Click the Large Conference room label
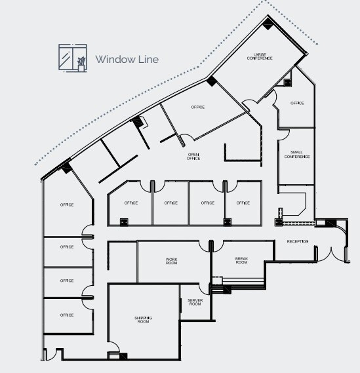(x=259, y=56)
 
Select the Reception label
(x=297, y=242)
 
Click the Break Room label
(x=241, y=260)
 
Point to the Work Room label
(x=172, y=260)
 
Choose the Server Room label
(x=195, y=302)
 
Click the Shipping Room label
(x=143, y=319)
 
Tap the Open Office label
(x=193, y=157)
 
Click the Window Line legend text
(x=127, y=59)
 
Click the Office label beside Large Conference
(x=297, y=103)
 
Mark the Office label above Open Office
(x=198, y=107)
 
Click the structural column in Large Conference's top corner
(x=269, y=25)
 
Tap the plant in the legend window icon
(x=81, y=63)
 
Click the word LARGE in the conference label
(x=259, y=54)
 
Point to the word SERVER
(x=195, y=300)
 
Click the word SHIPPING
(x=143, y=317)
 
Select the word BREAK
(x=241, y=258)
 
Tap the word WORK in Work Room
(x=172, y=258)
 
